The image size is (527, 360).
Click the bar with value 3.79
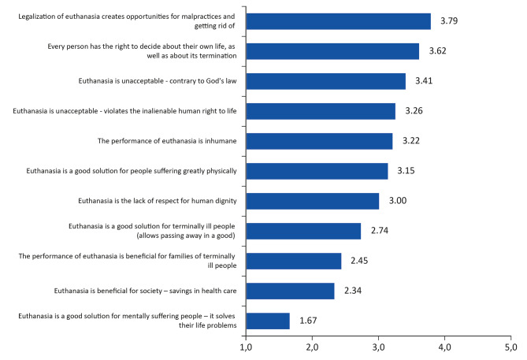pos(339,21)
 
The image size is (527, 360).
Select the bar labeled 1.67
pos(268,321)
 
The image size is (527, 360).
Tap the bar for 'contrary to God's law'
pos(326,81)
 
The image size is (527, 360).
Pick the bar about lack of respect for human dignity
pos(313,201)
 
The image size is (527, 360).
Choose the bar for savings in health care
pos(291,291)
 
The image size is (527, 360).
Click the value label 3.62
pos(438,51)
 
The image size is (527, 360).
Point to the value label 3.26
pos(414,111)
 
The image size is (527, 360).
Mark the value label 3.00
pos(398,201)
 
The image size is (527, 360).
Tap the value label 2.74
pos(380,231)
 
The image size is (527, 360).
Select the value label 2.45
pos(359,261)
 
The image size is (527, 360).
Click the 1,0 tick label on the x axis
pos(246,347)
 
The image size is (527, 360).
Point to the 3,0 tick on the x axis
pos(378,347)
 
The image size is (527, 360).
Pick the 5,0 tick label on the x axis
pos(511,347)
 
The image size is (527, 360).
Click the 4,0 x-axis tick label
pos(444,347)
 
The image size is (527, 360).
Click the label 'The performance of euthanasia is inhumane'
pos(167,141)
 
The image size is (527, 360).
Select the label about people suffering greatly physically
pos(132,171)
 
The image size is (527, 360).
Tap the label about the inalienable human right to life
pos(124,111)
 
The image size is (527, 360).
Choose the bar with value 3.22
pos(319,141)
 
